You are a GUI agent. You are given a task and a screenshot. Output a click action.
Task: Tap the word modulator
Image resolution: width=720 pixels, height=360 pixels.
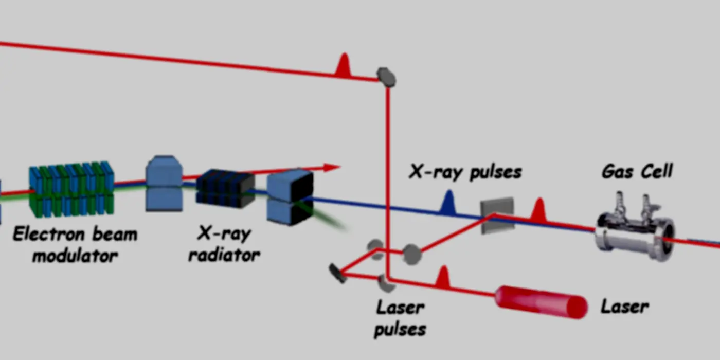[75, 256]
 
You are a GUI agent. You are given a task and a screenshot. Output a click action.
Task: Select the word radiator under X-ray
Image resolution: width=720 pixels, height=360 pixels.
[224, 256]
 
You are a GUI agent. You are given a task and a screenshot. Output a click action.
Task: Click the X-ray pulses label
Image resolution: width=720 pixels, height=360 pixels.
[465, 172]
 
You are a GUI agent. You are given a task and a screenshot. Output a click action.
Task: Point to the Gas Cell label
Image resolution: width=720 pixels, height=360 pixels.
[637, 171]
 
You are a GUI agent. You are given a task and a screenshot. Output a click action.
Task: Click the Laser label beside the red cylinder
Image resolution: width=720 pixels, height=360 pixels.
[624, 307]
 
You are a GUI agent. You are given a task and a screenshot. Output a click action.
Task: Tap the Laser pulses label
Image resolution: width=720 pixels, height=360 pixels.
[400, 318]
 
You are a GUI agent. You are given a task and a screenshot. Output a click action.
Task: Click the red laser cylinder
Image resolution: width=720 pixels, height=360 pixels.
[541, 302]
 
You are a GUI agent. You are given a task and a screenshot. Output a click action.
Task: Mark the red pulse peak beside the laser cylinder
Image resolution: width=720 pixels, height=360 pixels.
[443, 277]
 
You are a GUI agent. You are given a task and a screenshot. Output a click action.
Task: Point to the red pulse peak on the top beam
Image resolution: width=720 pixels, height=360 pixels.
[344, 65]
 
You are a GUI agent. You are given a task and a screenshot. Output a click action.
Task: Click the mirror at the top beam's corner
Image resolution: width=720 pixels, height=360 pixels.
[386, 77]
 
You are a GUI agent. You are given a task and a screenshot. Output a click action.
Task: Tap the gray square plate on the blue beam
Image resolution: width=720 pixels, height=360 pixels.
[497, 215]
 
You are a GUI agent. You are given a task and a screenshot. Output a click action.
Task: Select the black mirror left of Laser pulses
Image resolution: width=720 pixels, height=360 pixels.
[337, 274]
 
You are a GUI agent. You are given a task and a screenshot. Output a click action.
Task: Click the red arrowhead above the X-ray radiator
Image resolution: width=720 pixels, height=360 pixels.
[332, 168]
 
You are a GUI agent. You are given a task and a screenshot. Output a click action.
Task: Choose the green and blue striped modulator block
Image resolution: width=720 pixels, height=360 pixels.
[71, 189]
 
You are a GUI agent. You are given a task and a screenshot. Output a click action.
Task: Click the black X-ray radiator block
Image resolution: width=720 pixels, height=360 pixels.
[225, 188]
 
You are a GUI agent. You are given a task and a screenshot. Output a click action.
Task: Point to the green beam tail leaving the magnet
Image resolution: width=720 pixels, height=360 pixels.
[325, 216]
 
